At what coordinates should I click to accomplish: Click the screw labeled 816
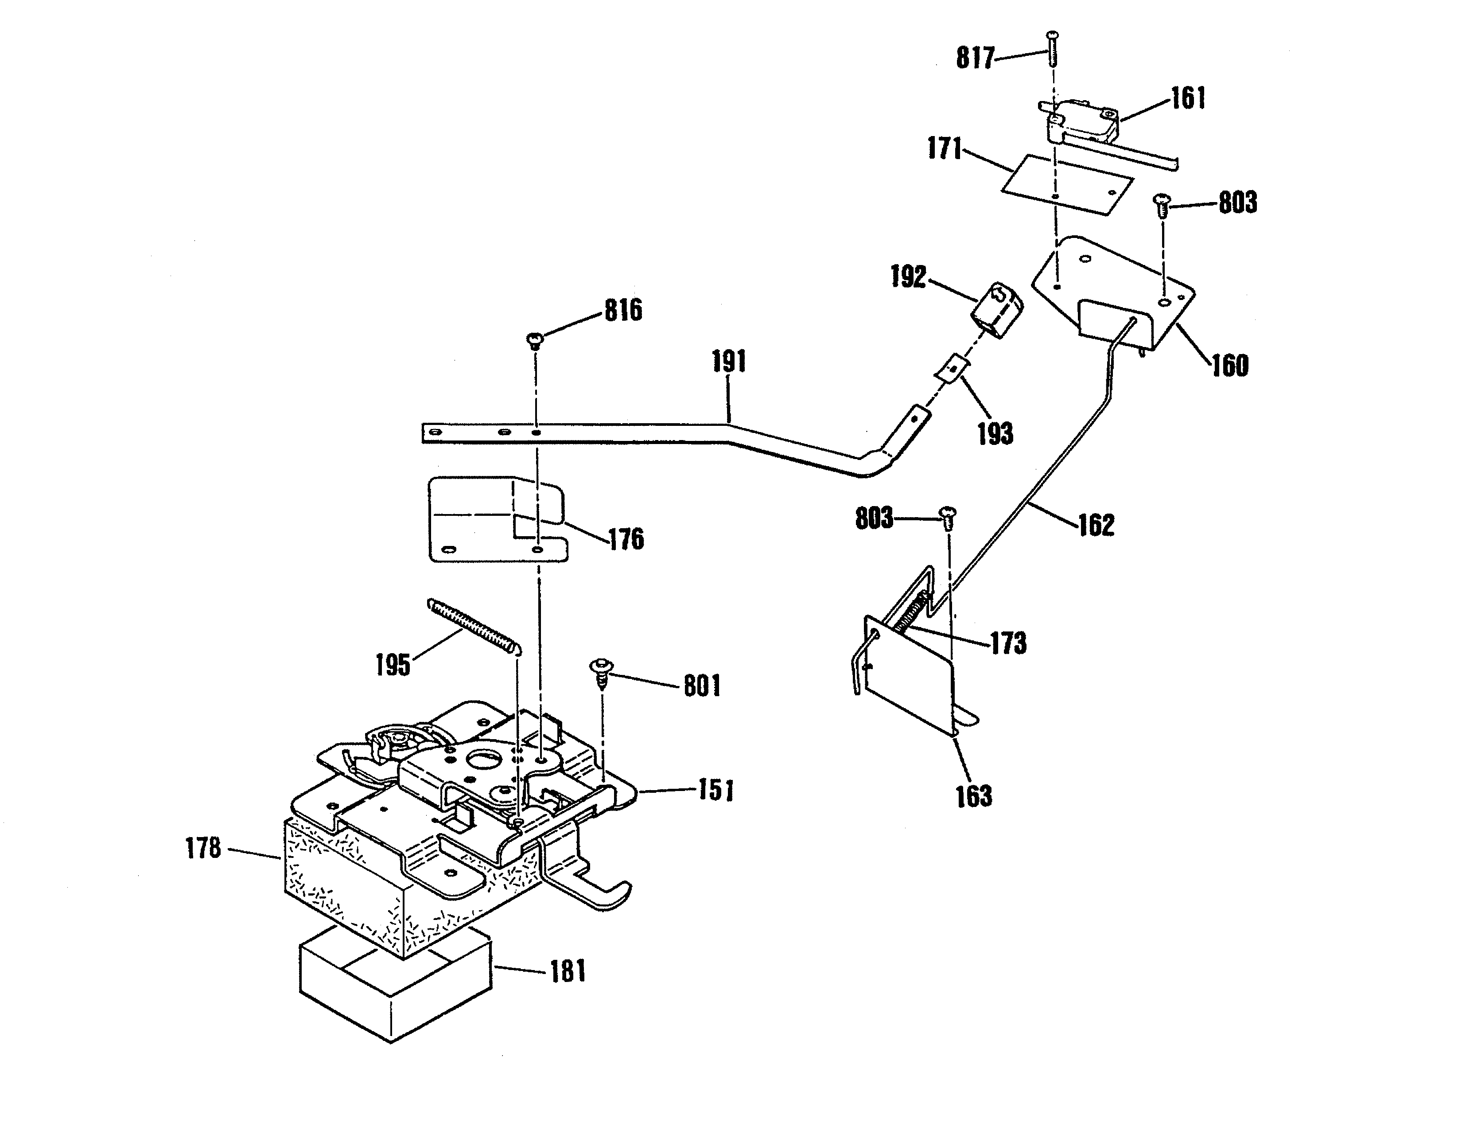tap(536, 341)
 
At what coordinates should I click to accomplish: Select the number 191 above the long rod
tap(729, 362)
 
